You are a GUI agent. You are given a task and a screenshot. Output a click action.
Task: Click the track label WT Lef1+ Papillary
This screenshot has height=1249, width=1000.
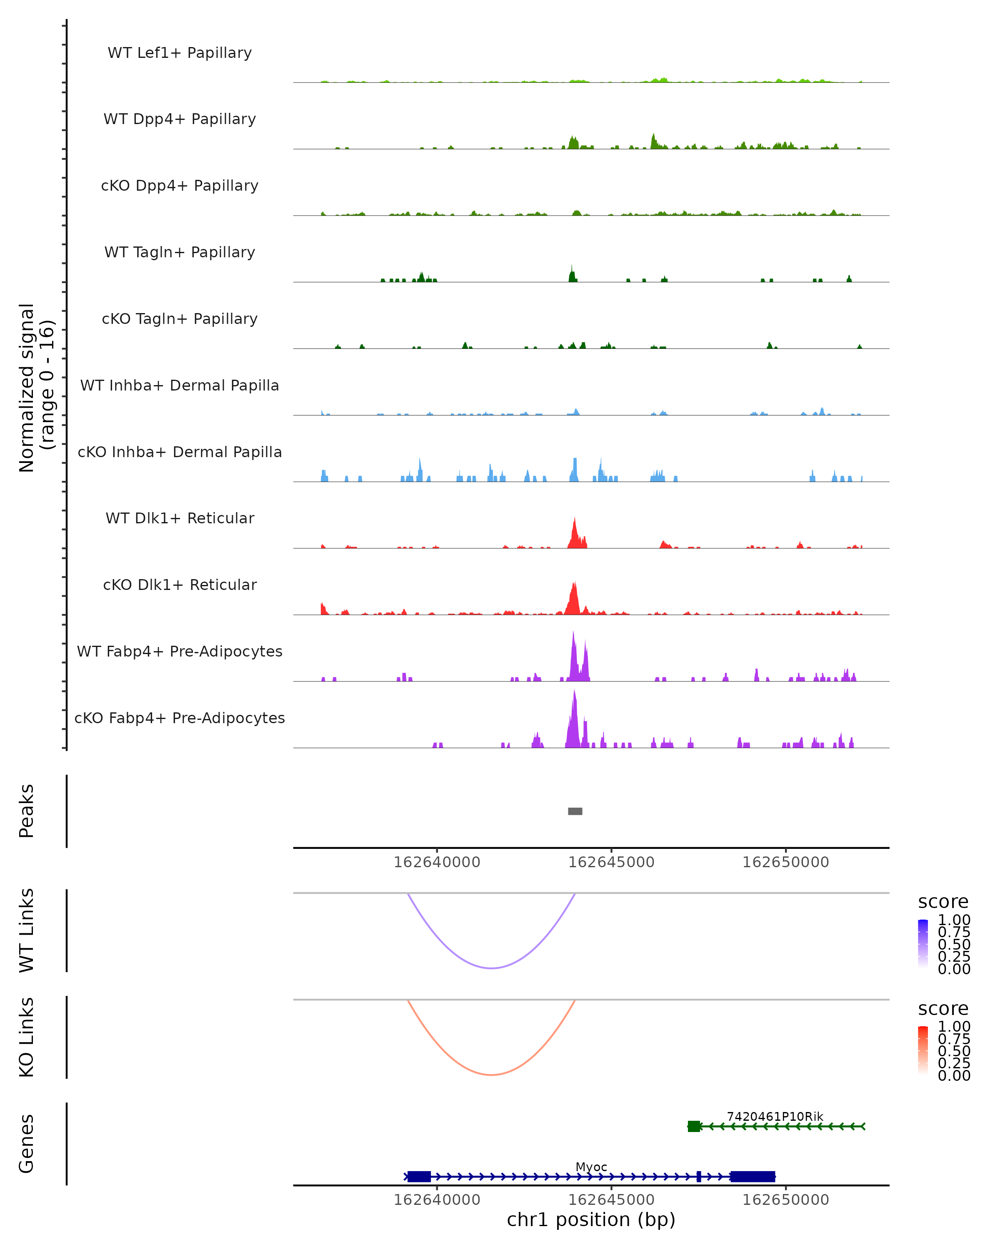click(x=180, y=53)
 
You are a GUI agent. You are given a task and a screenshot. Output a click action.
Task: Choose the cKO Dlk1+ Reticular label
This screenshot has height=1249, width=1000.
click(x=180, y=585)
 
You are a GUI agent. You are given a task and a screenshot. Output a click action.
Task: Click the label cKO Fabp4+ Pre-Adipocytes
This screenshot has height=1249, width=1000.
click(x=180, y=718)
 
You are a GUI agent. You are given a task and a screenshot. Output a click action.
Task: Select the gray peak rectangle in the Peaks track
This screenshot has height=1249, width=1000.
click(x=575, y=811)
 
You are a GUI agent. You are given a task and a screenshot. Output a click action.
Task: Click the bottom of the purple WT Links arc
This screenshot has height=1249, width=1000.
click(x=492, y=968)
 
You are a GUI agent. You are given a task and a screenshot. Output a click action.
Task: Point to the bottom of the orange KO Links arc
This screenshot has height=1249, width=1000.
click(x=492, y=1075)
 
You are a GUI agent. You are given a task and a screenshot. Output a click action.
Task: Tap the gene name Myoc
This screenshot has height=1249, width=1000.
click(x=591, y=1167)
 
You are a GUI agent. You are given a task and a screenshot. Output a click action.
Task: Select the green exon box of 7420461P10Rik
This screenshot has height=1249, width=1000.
click(x=694, y=1126)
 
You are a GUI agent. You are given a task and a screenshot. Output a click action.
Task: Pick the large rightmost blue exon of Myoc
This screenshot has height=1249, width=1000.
click(x=752, y=1177)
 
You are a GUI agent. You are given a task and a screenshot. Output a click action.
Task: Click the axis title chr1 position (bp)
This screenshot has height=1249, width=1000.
click(x=591, y=1220)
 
